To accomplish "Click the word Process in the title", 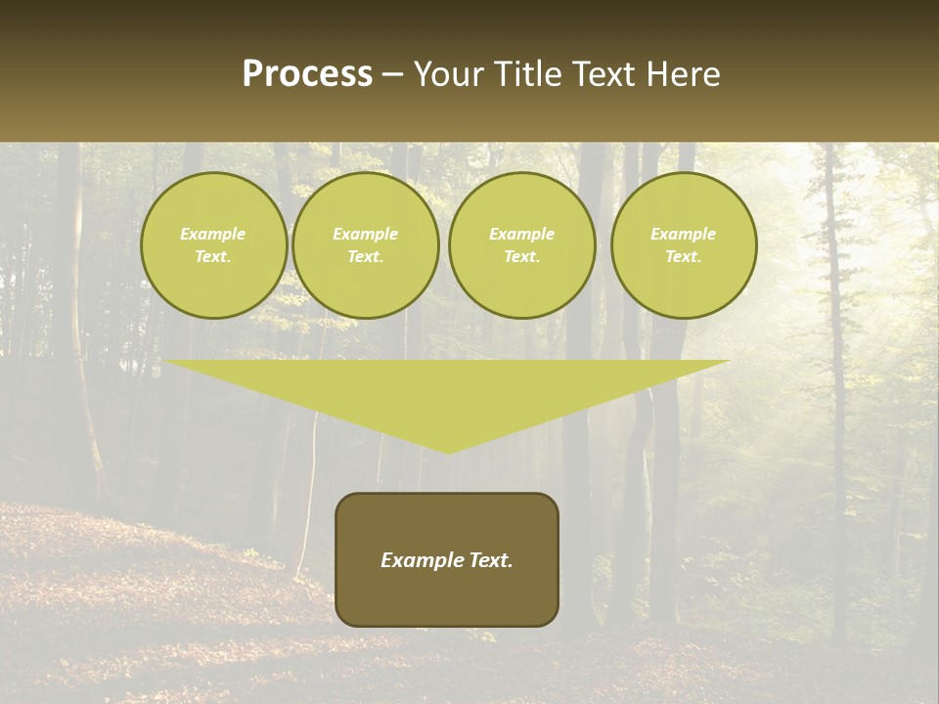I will point(307,74).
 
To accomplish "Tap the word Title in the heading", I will point(529,74).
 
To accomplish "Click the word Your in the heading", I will point(452,74).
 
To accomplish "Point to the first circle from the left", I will point(214,245).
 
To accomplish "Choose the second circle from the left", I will point(366,245).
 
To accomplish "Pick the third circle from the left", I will point(522,245).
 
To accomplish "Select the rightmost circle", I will point(684,245).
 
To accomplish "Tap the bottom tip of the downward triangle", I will point(448,450).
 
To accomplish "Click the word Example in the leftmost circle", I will point(213,234).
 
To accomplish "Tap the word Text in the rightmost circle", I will point(684,257).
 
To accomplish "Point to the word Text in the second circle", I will point(366,257).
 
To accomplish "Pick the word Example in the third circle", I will point(522,234).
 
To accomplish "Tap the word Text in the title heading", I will point(605,74).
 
